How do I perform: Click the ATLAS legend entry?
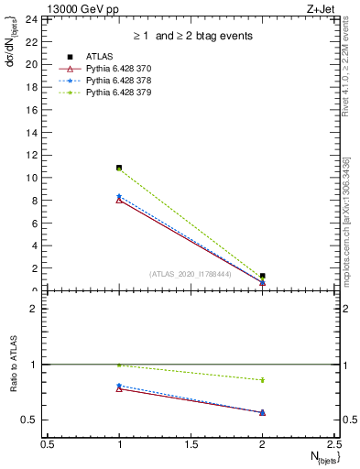pos(98,58)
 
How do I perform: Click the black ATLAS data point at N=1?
pos(119,168)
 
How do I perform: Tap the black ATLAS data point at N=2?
pos(263,276)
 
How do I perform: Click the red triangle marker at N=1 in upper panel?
pos(119,200)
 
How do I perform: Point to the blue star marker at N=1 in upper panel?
pos(119,196)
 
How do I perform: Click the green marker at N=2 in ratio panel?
pos(263,379)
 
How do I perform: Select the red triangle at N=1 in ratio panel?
pos(119,388)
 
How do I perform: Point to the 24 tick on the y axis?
pos(30,19)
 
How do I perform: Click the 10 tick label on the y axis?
pos(30,178)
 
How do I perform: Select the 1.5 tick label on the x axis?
pos(191,443)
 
